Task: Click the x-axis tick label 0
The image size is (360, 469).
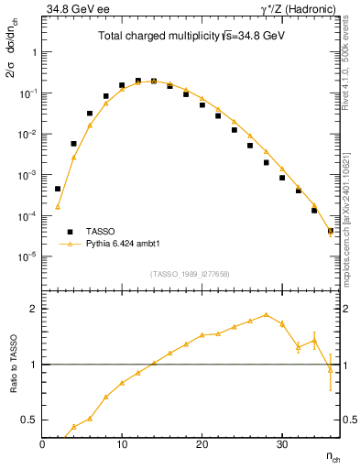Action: (43, 442)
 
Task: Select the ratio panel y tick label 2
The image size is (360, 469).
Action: (33, 309)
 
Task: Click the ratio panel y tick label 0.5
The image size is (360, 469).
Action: (30, 420)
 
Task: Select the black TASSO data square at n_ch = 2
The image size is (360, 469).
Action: (58, 189)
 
